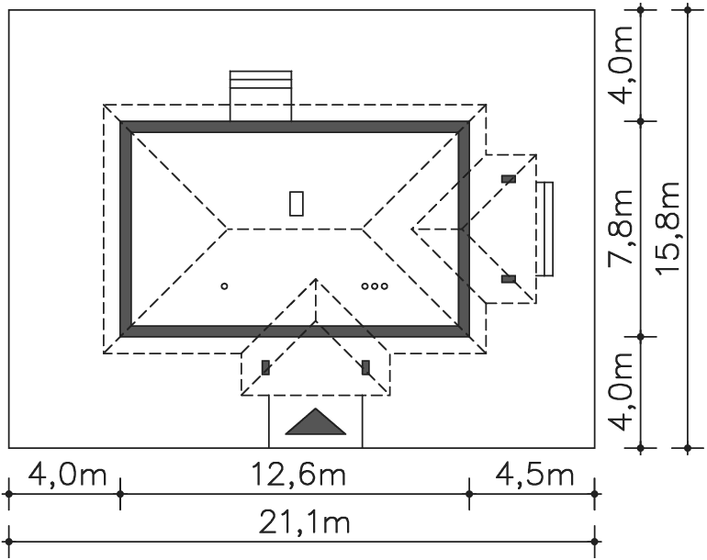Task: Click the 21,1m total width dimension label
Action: [x=304, y=523]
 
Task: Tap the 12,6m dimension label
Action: [x=298, y=475]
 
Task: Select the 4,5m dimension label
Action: [x=534, y=475]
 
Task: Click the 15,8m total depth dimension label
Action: [x=668, y=228]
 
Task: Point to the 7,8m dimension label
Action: [x=621, y=228]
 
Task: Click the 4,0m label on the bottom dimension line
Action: [x=67, y=475]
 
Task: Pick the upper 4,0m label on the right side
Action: [x=621, y=65]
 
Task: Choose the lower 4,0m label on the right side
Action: [x=621, y=391]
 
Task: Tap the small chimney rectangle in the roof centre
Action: [x=297, y=204]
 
